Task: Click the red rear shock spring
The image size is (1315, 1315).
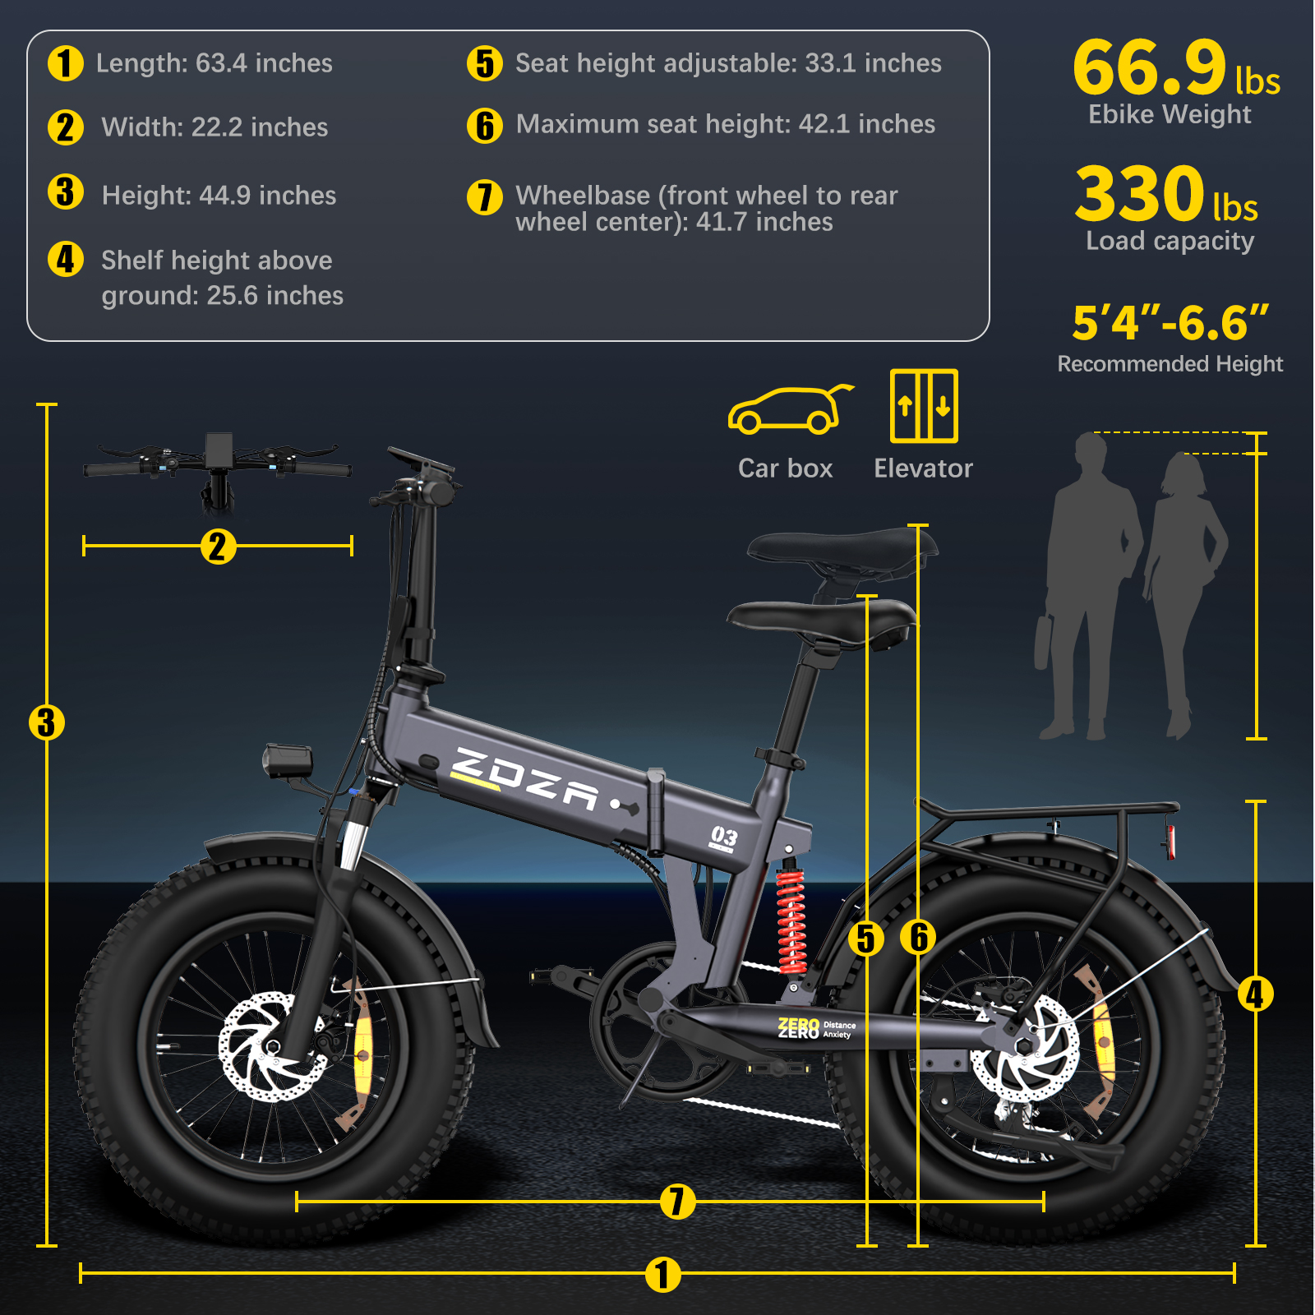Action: point(791,921)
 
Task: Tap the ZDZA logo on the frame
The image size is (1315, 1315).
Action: point(525,779)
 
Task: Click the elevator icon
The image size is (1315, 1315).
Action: point(924,406)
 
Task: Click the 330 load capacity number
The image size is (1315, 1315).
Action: point(1140,194)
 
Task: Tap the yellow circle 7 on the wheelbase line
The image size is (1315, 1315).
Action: point(677,1202)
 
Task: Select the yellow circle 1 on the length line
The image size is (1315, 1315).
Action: point(662,1275)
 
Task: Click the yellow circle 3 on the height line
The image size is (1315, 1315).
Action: point(47,722)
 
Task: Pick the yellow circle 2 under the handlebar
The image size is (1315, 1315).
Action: point(218,547)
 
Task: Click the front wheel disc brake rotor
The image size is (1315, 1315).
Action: point(263,1045)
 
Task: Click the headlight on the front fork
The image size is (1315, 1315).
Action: point(288,760)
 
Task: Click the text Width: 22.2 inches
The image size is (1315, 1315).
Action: point(215,127)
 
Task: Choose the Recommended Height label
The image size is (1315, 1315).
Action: point(1170,364)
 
